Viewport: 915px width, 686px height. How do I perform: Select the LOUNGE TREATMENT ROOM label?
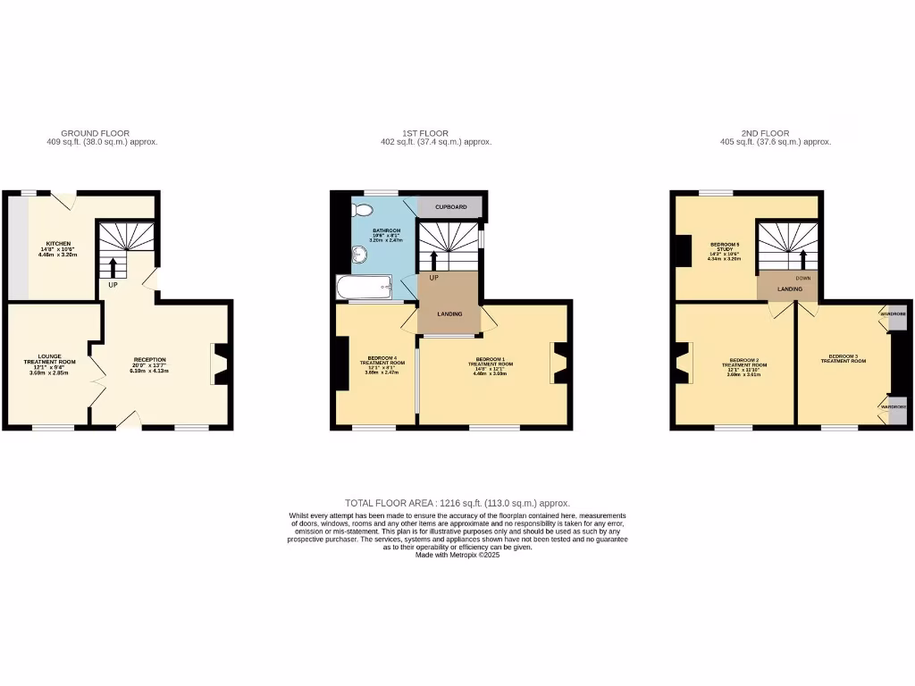coord(49,362)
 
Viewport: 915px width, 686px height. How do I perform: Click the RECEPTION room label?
coord(149,360)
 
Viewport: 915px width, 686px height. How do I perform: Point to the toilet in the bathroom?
coord(363,211)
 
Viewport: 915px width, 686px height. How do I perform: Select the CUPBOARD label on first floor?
coord(450,207)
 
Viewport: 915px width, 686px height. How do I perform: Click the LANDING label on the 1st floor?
coord(449,314)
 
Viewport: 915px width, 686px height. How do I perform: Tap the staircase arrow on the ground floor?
coord(113,266)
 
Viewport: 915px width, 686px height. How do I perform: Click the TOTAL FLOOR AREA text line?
coord(457,503)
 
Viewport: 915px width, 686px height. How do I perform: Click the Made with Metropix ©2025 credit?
coord(457,555)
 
